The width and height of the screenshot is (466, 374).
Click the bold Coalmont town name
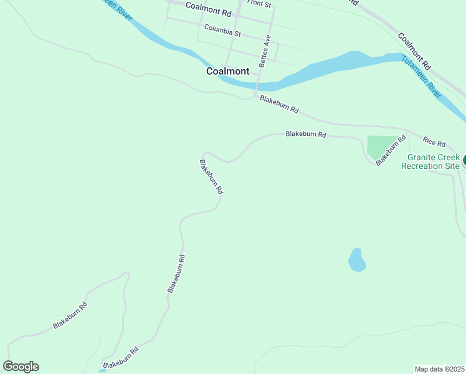pyautogui.click(x=227, y=71)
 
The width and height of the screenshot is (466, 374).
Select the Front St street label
pyautogui.click(x=259, y=4)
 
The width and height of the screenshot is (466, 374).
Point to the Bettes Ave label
pyautogui.click(x=266, y=50)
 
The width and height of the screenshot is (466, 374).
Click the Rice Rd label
pyautogui.click(x=434, y=141)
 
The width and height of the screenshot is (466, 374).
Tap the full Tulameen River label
pyautogui.click(x=421, y=77)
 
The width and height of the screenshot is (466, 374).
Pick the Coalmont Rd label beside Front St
pyautogui.click(x=208, y=9)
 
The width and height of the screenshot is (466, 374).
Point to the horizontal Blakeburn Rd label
pyautogui.click(x=306, y=133)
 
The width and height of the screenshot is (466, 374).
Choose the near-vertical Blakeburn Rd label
pyautogui.click(x=176, y=273)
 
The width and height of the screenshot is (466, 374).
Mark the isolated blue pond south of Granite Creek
pyautogui.click(x=356, y=260)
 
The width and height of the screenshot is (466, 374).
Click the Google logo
pyautogui.click(x=21, y=367)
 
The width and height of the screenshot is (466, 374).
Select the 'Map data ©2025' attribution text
pyautogui.click(x=440, y=368)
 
